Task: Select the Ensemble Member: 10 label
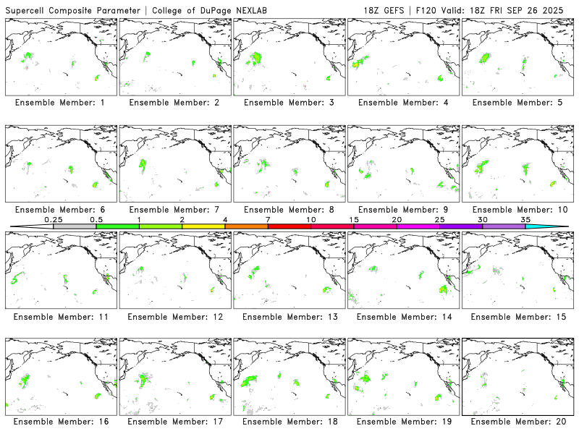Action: click(x=519, y=209)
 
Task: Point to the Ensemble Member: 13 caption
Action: click(x=291, y=316)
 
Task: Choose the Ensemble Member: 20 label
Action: click(x=519, y=422)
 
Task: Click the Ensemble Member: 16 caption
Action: click(x=62, y=422)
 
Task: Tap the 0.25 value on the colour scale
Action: click(x=53, y=218)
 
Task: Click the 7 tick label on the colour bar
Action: click(x=268, y=218)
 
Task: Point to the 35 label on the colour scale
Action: click(x=525, y=218)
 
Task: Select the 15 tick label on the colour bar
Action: click(x=354, y=218)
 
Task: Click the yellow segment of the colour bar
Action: click(x=203, y=226)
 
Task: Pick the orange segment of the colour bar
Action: click(x=246, y=226)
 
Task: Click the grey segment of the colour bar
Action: click(x=75, y=226)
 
